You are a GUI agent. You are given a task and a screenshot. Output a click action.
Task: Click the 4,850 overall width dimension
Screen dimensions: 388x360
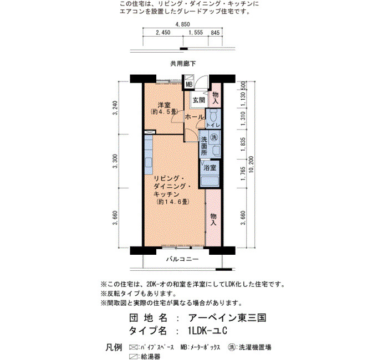pyautogui.click(x=182, y=24)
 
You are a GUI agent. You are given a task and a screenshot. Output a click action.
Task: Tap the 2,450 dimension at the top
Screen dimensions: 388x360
pyautogui.click(x=163, y=32)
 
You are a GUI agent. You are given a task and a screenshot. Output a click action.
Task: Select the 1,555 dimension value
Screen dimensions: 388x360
pyautogui.click(x=196, y=32)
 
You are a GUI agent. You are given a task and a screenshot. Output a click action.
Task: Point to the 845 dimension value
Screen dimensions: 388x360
pyautogui.click(x=215, y=33)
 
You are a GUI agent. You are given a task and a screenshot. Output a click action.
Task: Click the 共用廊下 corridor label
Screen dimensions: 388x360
pyautogui.click(x=183, y=64)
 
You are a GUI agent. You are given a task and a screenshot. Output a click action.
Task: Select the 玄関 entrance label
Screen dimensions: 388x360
pyautogui.click(x=199, y=100)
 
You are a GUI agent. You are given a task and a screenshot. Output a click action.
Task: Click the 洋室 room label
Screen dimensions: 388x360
pyautogui.click(x=164, y=105)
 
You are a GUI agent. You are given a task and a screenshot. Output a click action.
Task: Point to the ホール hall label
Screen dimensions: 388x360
pyautogui.click(x=195, y=117)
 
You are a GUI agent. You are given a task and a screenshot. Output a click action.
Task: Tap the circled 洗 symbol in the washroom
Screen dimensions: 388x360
pyautogui.click(x=214, y=137)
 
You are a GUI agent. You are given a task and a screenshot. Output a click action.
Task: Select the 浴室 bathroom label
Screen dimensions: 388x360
pyautogui.click(x=210, y=168)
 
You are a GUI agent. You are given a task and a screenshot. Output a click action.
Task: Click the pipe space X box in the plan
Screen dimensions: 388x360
pyautogui.click(x=150, y=132)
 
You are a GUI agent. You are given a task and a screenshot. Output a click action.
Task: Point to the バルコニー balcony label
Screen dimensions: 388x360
pyautogui.click(x=182, y=259)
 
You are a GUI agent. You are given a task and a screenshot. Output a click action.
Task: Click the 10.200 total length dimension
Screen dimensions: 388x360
pyautogui.click(x=251, y=164)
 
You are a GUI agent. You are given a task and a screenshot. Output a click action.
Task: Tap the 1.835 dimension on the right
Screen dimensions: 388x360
pyautogui.click(x=243, y=145)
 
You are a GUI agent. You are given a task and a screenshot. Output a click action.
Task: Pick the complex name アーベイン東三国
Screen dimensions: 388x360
pyautogui.click(x=227, y=318)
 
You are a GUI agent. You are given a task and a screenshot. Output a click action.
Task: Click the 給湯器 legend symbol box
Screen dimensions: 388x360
pyautogui.click(x=134, y=356)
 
